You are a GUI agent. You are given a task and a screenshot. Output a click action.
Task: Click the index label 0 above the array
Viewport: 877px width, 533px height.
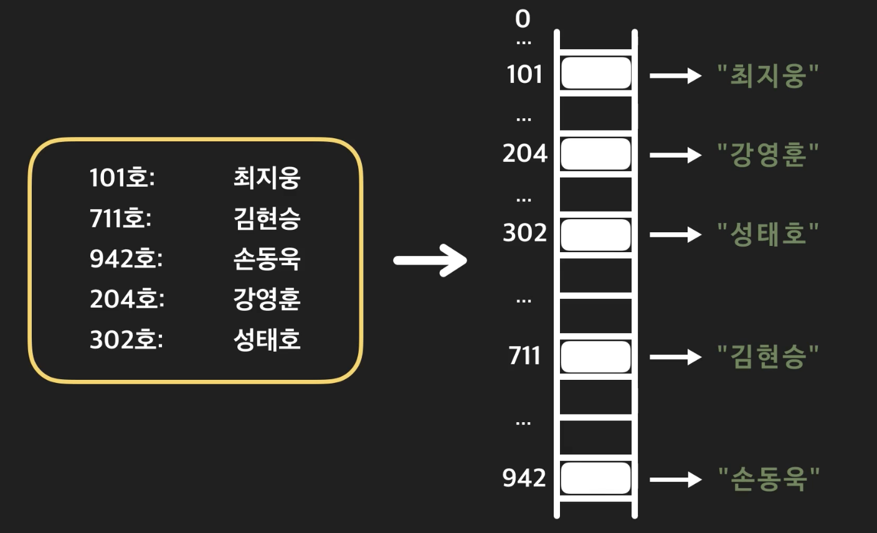523,19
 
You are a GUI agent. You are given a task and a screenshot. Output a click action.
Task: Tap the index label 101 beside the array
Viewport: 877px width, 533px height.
524,75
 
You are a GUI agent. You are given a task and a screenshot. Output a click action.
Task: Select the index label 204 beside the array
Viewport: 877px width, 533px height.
524,153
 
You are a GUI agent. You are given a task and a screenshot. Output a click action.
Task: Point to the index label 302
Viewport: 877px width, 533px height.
524,233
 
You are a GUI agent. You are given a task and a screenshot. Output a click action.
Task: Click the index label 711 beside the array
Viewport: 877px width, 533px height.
524,356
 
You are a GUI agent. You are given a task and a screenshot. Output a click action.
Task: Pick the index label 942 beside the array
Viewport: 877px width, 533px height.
524,478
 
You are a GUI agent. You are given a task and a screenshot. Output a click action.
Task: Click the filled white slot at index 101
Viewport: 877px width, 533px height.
595,73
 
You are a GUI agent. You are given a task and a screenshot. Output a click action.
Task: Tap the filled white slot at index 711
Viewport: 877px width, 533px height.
595,356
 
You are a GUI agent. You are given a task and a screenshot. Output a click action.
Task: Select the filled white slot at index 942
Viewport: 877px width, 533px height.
595,478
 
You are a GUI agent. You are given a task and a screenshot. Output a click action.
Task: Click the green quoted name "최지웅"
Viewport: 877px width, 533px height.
767,75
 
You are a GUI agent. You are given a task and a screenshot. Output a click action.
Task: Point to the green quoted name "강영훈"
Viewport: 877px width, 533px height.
767,154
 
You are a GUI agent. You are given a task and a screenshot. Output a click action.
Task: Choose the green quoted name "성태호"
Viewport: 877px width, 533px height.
767,233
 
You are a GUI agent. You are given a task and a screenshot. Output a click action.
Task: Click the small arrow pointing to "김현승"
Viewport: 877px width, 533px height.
675,357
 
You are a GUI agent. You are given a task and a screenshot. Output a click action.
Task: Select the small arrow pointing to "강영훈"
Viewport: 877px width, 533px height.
675,154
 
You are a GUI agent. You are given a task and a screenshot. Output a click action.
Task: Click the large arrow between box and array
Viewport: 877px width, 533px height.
430,260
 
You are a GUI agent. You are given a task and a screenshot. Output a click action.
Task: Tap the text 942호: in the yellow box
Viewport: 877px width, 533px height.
126,258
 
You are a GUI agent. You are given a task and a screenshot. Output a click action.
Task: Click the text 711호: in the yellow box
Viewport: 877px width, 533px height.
121,218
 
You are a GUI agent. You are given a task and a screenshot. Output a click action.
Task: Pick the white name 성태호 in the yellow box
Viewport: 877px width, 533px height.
267,339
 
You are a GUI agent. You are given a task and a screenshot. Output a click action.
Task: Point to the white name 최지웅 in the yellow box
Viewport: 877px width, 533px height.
267,177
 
